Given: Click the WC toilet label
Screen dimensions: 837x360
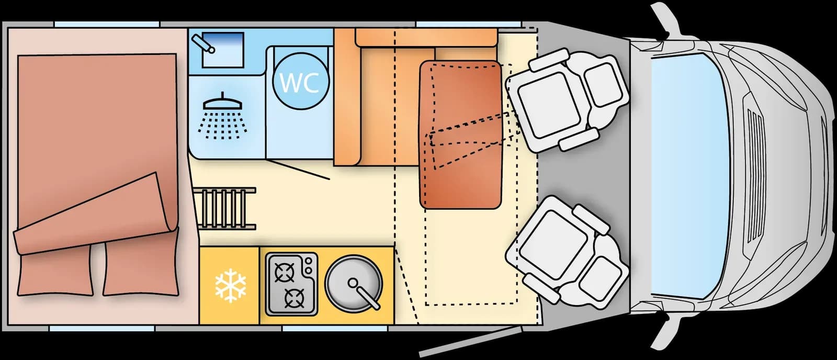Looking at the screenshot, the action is point(300,83).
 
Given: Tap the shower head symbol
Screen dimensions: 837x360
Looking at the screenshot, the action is point(222,115).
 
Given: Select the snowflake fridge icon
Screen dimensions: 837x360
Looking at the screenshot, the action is point(231,285).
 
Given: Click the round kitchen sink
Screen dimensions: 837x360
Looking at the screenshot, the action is point(354,284).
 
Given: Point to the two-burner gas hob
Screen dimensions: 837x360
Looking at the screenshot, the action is point(291,284).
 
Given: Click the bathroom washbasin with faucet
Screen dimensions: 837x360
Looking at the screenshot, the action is point(218,49).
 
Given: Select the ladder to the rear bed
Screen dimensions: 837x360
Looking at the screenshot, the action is point(225,209).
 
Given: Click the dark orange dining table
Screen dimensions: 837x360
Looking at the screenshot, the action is point(460,134).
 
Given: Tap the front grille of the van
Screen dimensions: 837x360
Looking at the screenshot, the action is point(755,176).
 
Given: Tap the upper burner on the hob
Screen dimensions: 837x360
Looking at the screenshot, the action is point(285,272).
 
